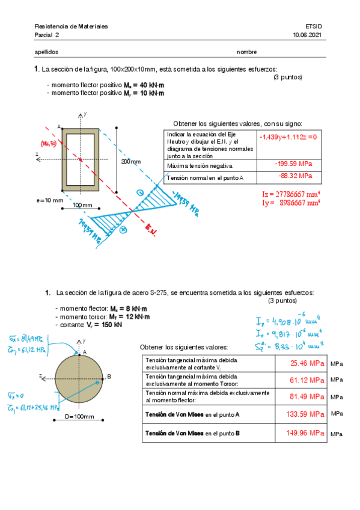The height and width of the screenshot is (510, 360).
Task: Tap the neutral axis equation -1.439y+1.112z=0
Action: coord(288,137)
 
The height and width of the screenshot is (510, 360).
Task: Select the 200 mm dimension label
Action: coord(130,162)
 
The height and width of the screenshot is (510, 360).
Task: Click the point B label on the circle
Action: coord(109,377)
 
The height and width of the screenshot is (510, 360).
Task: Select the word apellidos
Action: coord(47,52)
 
